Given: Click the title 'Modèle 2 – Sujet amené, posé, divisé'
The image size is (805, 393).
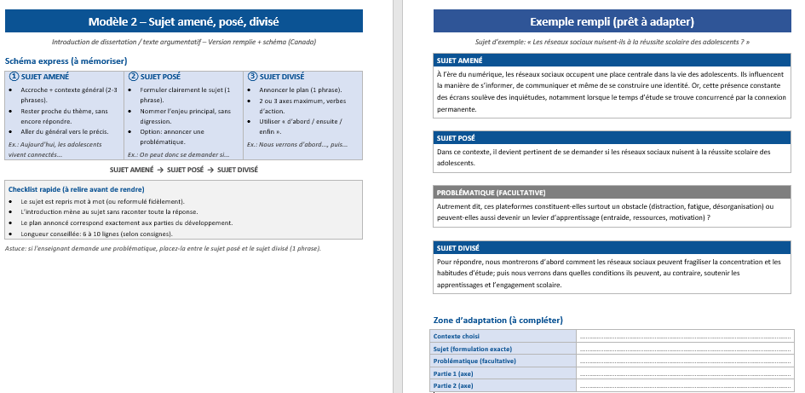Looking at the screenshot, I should pyautogui.click(x=184, y=20).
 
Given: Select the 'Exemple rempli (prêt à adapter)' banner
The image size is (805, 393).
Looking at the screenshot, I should pyautogui.click(x=612, y=20).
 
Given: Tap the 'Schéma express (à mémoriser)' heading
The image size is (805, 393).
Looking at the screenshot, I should pyautogui.click(x=66, y=61).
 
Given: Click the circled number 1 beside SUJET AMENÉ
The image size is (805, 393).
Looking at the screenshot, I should pyautogui.click(x=14, y=76).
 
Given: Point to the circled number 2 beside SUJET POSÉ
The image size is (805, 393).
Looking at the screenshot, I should pyautogui.click(x=133, y=76).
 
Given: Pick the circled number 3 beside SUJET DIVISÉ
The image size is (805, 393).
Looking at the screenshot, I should pyautogui.click(x=252, y=76).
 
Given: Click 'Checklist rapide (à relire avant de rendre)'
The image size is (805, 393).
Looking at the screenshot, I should pyautogui.click(x=75, y=188).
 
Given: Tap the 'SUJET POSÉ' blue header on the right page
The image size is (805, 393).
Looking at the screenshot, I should pyautogui.click(x=456, y=137).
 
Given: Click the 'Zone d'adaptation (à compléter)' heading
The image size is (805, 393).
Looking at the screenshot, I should pyautogui.click(x=498, y=320).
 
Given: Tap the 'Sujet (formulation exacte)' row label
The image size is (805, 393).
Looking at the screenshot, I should pyautogui.click(x=473, y=349).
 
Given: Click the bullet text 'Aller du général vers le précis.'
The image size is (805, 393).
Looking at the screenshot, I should pyautogui.click(x=65, y=131).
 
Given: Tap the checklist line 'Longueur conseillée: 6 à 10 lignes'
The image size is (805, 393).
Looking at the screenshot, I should pyautogui.click(x=96, y=234).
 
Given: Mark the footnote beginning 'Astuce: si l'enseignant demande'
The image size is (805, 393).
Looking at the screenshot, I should pyautogui.click(x=162, y=248).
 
